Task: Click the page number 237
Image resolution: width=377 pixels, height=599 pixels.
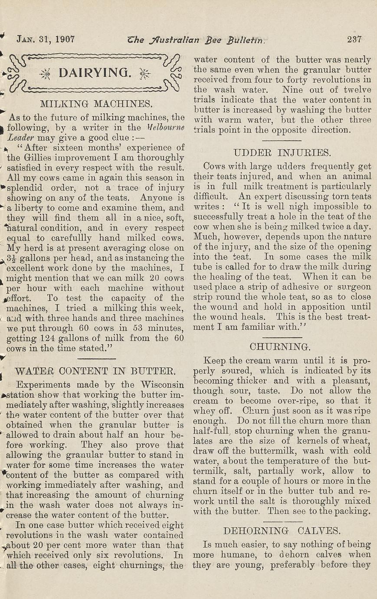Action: click(354, 39)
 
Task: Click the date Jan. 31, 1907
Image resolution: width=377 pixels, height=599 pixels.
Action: click(46, 39)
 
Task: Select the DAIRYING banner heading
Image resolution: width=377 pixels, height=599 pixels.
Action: click(94, 72)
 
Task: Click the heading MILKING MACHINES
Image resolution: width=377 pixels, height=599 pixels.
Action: click(96, 104)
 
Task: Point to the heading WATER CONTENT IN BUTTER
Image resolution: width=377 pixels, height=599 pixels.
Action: click(95, 371)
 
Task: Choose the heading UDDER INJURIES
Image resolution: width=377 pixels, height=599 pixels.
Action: click(282, 152)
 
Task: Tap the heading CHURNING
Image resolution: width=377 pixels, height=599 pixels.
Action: click(280, 347)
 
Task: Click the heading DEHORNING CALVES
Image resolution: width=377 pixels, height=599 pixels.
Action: click(282, 530)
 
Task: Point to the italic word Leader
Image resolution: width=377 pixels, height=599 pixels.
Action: click(21, 137)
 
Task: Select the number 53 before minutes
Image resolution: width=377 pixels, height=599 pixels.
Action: click(143, 328)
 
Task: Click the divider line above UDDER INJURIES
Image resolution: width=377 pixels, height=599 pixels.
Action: click(282, 140)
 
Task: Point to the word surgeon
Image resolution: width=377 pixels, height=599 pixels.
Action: click(354, 287)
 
